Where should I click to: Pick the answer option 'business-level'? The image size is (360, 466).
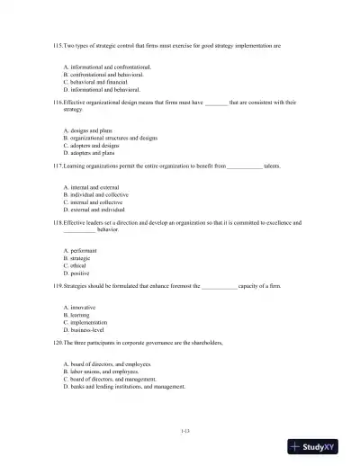[x=87, y=329]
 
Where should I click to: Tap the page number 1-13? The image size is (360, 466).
[x=184, y=432]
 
